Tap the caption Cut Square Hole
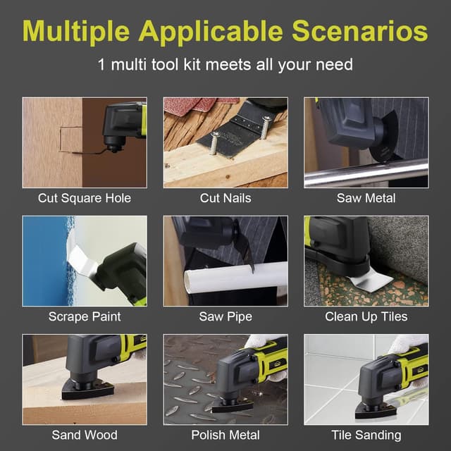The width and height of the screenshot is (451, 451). [x=85, y=198]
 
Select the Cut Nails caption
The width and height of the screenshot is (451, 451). [x=225, y=198]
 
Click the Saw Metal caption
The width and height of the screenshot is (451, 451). [x=366, y=198]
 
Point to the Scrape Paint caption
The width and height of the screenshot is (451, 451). [x=85, y=316]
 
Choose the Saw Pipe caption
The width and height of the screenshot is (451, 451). [x=225, y=316]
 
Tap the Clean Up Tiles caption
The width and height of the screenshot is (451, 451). [x=366, y=316]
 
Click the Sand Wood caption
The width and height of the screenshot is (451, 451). [x=85, y=435]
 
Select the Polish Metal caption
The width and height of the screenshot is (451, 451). [x=225, y=435]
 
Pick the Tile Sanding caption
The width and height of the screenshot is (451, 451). [x=366, y=435]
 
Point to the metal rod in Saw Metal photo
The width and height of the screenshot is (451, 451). [x=366, y=173]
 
